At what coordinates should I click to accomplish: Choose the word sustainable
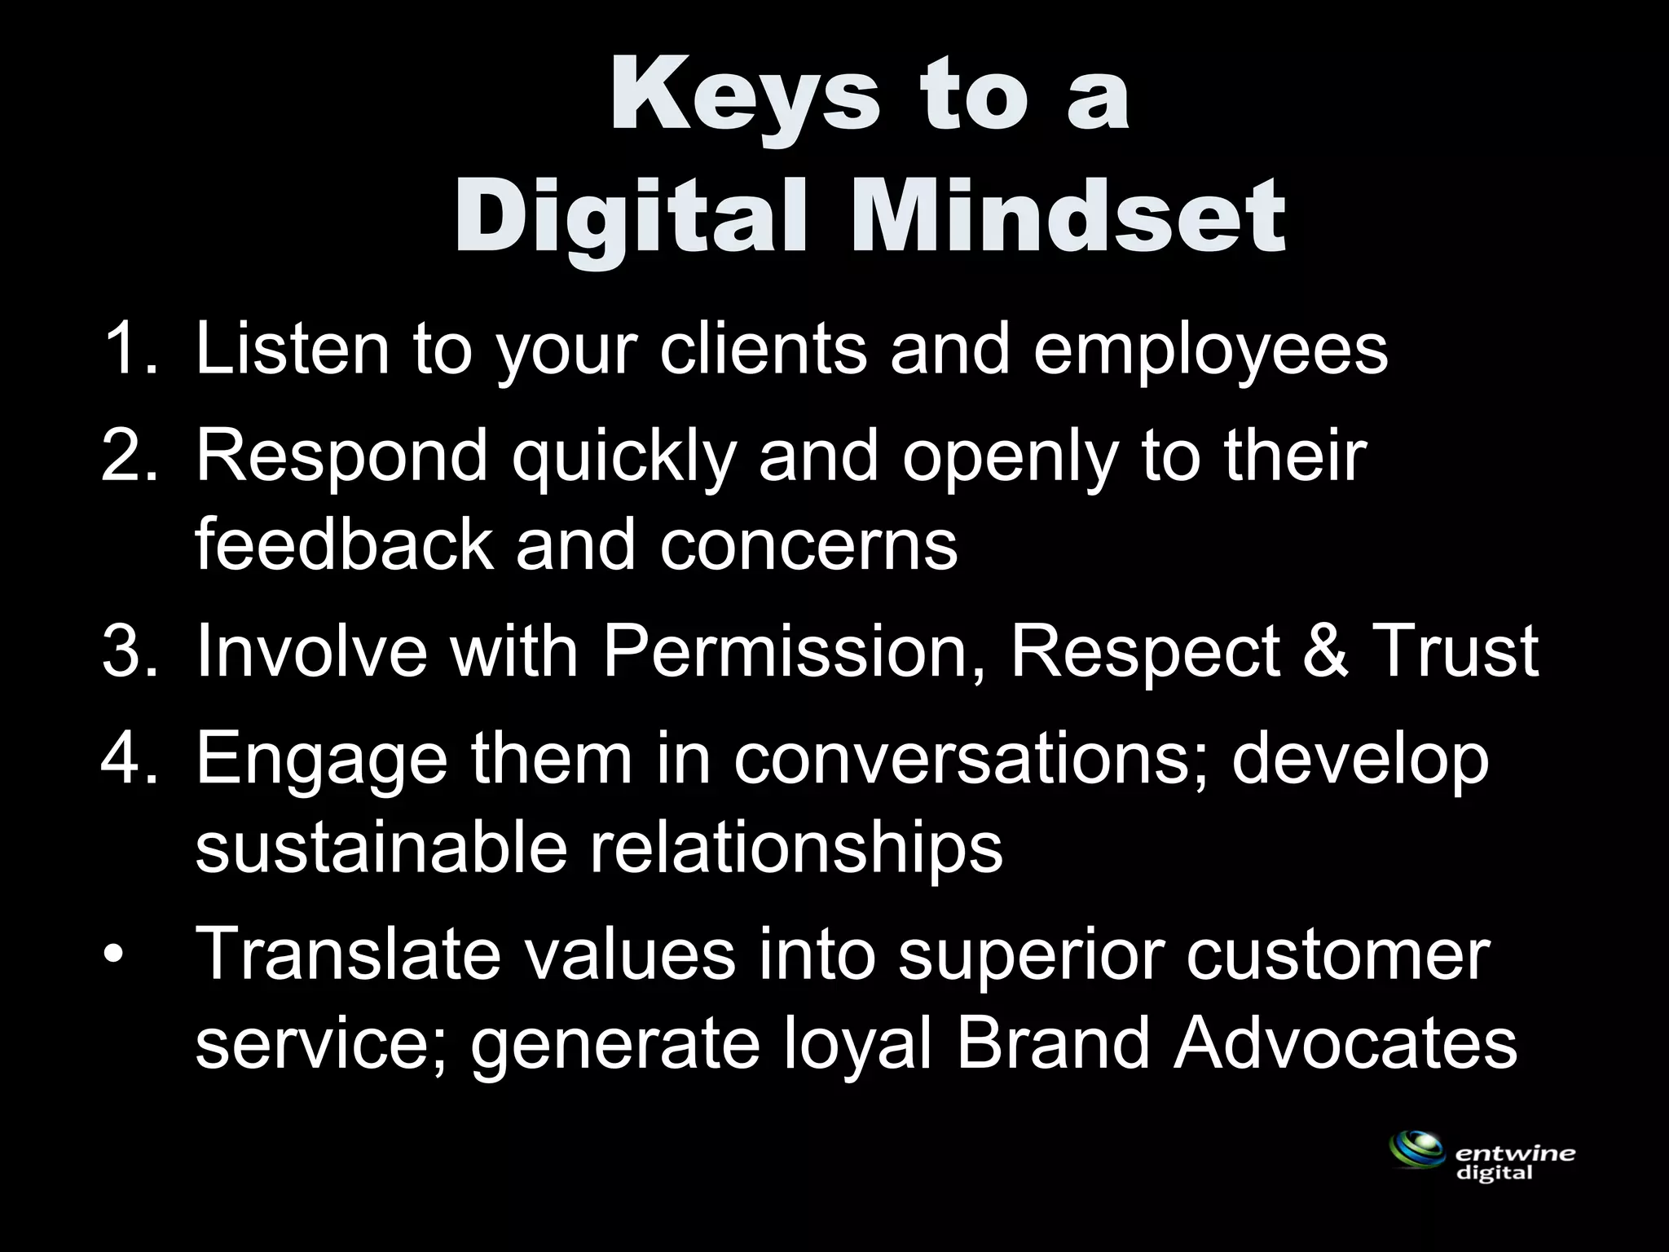[x=381, y=848]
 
